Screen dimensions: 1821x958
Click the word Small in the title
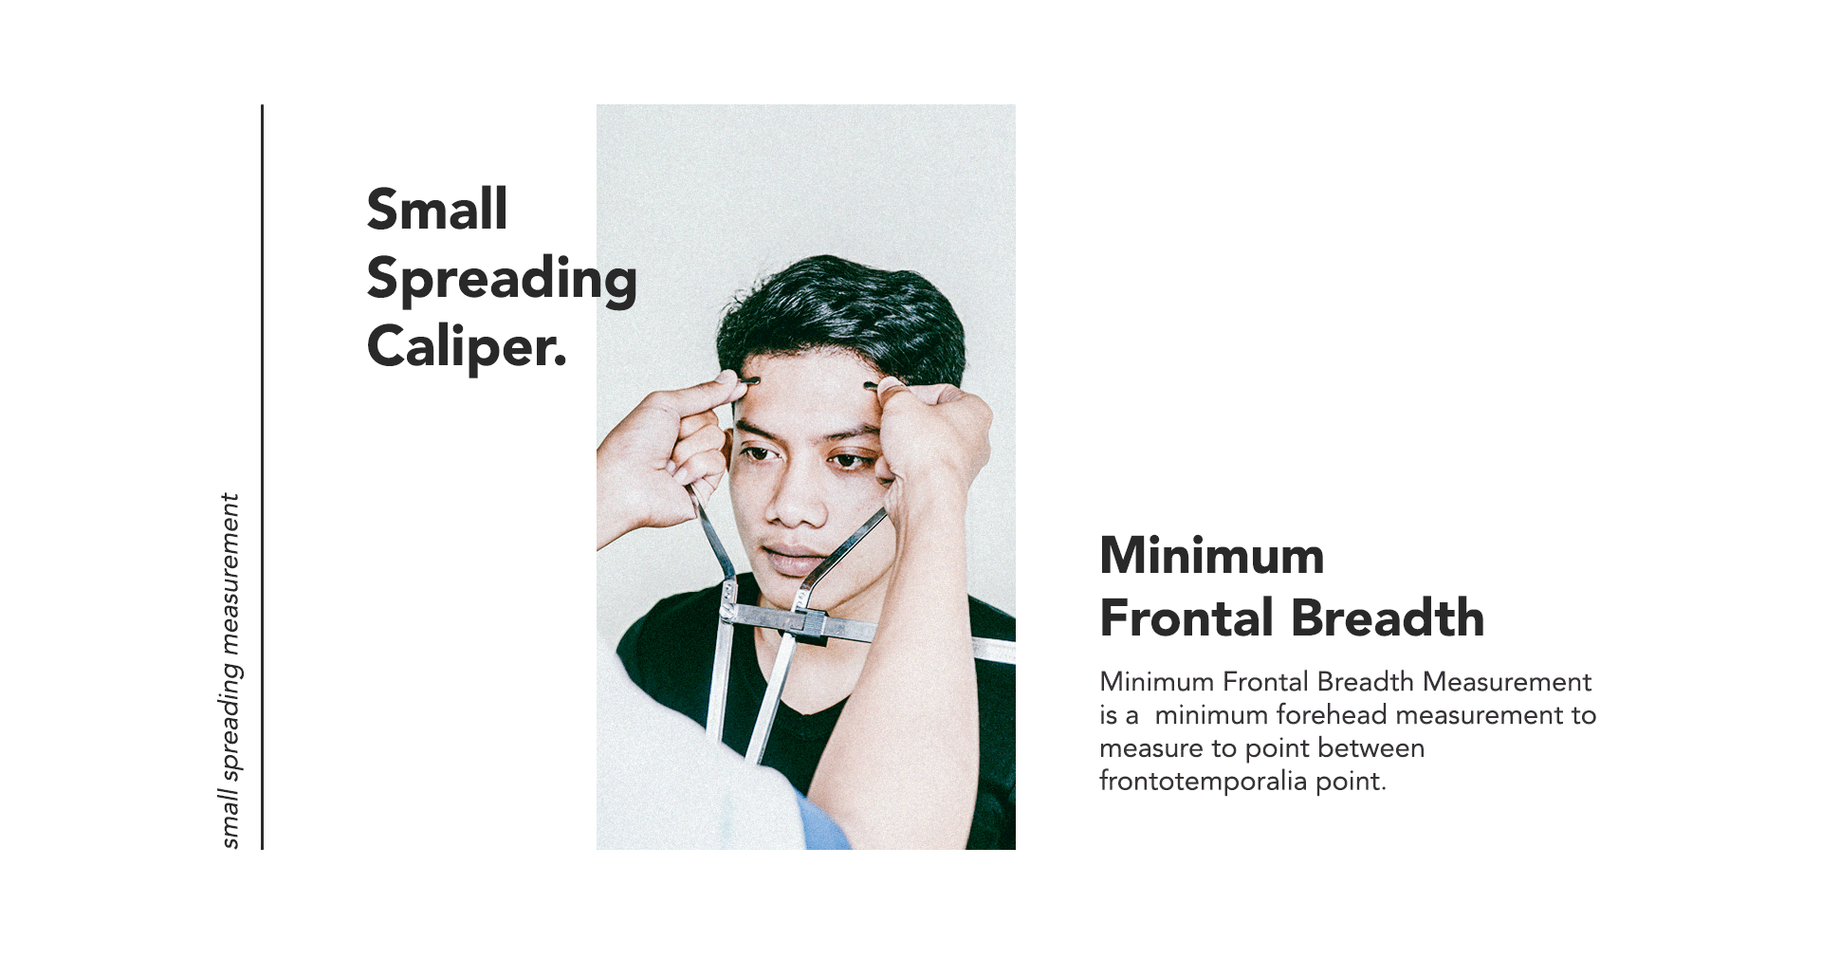click(x=437, y=209)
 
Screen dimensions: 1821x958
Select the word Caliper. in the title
click(x=467, y=348)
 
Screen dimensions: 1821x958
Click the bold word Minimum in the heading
click(x=1212, y=555)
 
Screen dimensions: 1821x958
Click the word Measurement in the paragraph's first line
click(x=1507, y=681)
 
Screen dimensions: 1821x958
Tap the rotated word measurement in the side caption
click(x=230, y=574)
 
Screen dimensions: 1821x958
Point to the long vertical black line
click(x=262, y=477)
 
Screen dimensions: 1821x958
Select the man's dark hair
click(x=839, y=313)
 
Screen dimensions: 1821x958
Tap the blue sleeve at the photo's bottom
click(x=823, y=823)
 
